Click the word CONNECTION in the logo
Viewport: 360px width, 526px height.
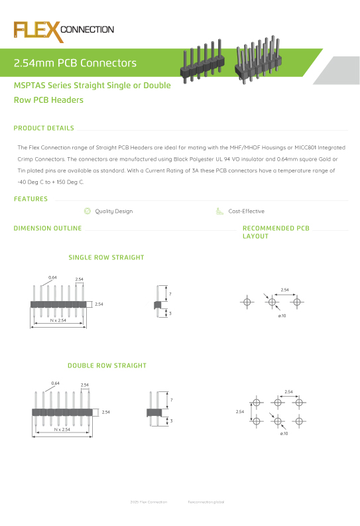[x=87, y=30]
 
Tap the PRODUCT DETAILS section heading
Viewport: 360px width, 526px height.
[x=44, y=128]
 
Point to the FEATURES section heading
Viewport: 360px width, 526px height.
[x=30, y=198]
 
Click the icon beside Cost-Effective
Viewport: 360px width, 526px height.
[x=219, y=211]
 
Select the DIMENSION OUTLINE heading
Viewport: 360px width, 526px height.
[x=48, y=228]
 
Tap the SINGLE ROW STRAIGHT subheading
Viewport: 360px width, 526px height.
[x=106, y=257]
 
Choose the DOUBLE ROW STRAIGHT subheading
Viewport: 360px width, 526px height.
[x=107, y=365]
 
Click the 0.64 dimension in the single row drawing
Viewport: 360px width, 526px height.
[x=52, y=277]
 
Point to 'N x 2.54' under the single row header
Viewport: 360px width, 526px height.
[x=59, y=320]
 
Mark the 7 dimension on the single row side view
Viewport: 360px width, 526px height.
[x=170, y=293]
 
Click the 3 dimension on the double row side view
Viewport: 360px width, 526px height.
[x=171, y=421]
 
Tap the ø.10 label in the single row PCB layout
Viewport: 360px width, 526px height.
[x=282, y=316]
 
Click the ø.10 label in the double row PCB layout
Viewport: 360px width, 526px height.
[x=284, y=433]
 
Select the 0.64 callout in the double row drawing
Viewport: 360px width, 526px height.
[x=56, y=383]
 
